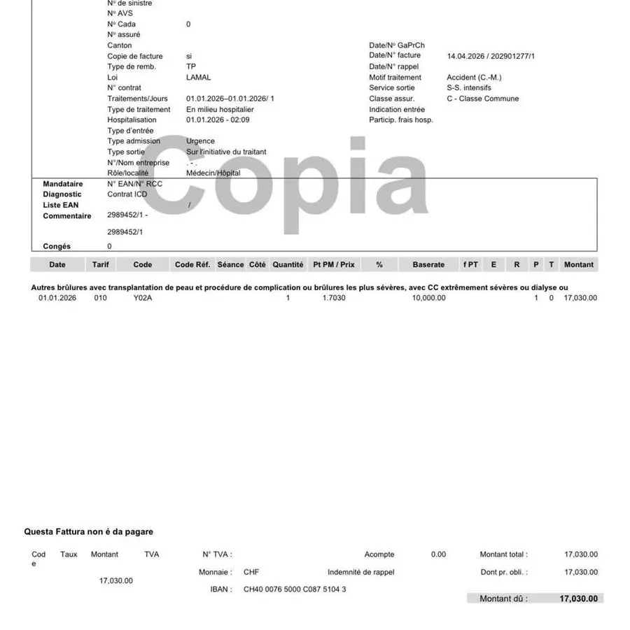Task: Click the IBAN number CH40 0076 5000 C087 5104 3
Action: point(295,589)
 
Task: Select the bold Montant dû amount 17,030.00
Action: point(579,599)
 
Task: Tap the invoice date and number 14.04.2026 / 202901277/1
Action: point(491,56)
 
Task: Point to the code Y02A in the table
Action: point(143,298)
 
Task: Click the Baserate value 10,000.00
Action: point(428,298)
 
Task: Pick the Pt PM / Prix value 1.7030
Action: point(334,298)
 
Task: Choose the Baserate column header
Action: point(428,265)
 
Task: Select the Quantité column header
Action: point(288,265)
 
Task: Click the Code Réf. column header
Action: point(192,265)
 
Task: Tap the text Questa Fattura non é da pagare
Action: point(89,532)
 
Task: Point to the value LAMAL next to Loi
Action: point(198,78)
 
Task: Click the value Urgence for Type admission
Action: point(200,141)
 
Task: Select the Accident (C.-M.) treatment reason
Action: point(474,78)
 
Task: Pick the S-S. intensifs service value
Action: point(469,88)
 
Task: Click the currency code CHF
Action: point(251,572)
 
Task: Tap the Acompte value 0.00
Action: point(438,554)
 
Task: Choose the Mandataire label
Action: point(63,184)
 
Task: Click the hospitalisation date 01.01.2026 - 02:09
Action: point(218,120)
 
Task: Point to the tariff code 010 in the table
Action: point(99,298)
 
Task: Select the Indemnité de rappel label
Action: point(361,572)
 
